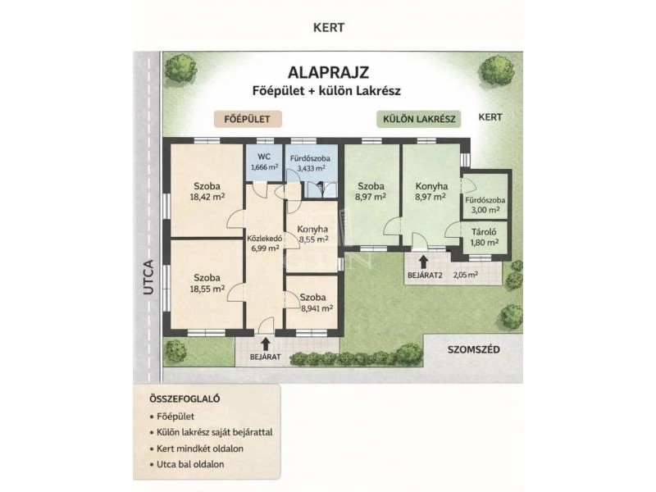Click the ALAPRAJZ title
coord(328,72)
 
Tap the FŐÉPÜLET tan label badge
coord(248,119)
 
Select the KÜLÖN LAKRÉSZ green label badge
coord(419,119)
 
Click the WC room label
coord(264,157)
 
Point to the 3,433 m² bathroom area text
coord(311,168)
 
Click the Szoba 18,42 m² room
coord(207,191)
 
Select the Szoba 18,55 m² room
coord(207,284)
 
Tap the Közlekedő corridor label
coord(264,239)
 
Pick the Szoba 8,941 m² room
coord(312,302)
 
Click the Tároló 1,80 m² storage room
coord(485,237)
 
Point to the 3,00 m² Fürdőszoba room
coord(485,196)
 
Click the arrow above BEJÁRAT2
coord(423,262)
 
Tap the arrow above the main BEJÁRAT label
coord(265,344)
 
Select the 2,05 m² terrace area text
coord(466,275)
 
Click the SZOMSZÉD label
coord(474,349)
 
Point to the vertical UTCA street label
coord(148,277)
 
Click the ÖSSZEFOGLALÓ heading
coord(184,399)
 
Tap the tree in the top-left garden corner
coord(180,69)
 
